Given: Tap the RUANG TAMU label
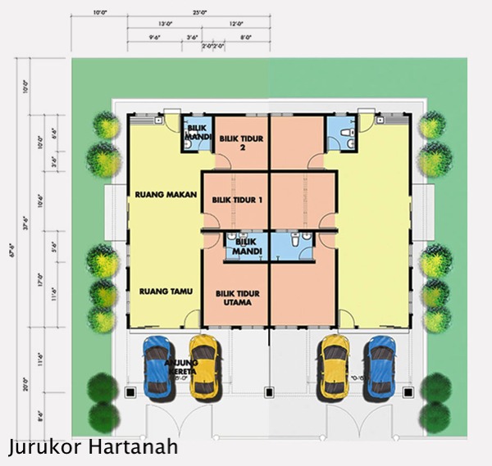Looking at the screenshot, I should [159, 290].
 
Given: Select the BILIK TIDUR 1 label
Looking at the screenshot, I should [236, 200].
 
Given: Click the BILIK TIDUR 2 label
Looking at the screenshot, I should [242, 143].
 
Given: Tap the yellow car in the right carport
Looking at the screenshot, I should [335, 364].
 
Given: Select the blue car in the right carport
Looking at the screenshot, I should [381, 364].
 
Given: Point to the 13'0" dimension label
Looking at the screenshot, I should [165, 25].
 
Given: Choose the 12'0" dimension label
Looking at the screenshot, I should [237, 25].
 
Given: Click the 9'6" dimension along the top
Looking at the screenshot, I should [154, 37].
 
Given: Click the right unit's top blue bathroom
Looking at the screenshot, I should [339, 133].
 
